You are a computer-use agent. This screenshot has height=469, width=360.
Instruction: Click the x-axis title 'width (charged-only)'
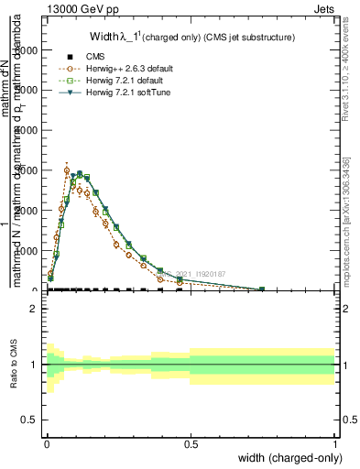285,457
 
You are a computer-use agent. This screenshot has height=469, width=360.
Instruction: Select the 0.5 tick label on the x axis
191,443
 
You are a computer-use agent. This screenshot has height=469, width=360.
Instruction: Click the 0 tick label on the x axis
47,443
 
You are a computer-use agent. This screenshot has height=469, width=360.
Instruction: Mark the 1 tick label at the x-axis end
334,443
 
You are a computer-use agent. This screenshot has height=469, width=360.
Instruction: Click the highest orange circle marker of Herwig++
67,170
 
